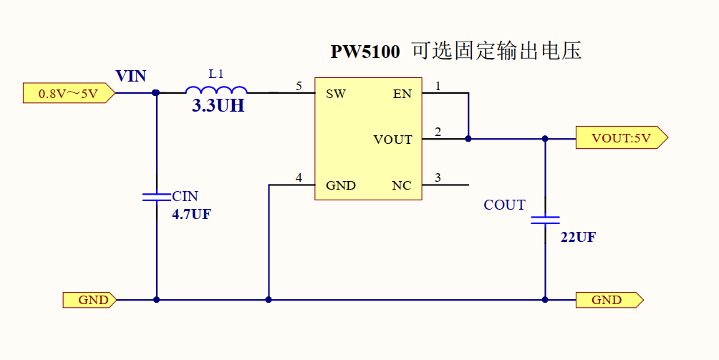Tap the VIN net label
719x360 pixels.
(x=131, y=76)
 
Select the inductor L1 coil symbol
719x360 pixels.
(x=216, y=90)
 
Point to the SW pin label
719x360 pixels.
(x=336, y=94)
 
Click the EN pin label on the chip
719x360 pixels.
(x=402, y=94)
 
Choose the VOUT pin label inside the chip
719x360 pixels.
(x=392, y=140)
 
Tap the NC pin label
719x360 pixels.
(x=402, y=185)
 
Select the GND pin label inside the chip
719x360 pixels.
(x=341, y=185)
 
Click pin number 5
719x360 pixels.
(x=299, y=86)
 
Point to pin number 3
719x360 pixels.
(x=438, y=177)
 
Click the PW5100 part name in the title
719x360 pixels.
(x=365, y=52)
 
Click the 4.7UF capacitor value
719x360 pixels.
(x=191, y=214)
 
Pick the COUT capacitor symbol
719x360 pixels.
(x=545, y=219)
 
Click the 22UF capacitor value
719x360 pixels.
(x=578, y=238)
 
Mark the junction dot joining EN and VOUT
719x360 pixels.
(x=468, y=138)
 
